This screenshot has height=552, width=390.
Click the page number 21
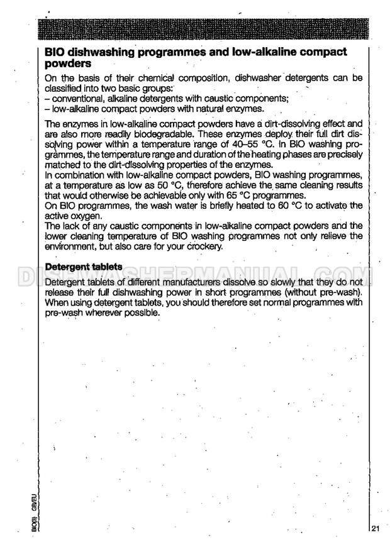[x=376, y=527]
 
